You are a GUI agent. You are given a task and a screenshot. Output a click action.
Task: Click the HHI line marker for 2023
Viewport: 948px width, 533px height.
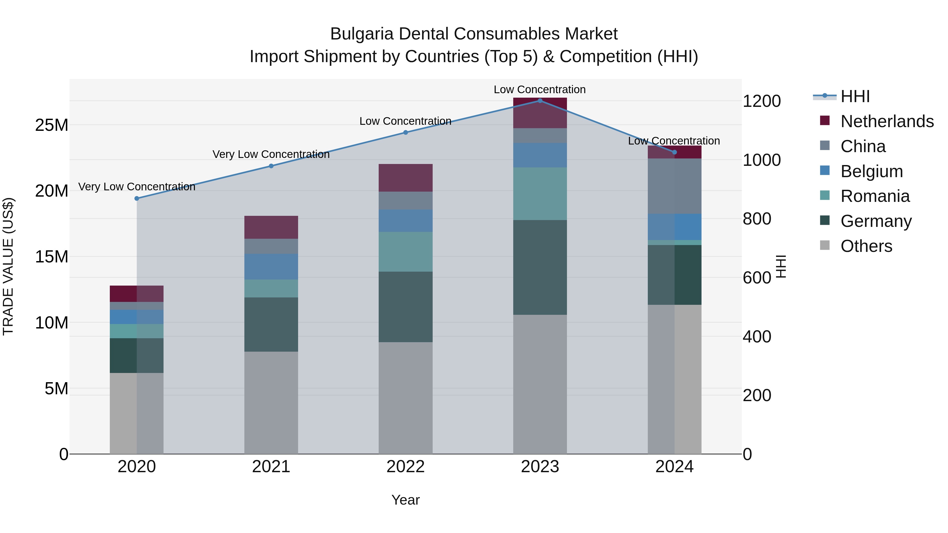pos(540,101)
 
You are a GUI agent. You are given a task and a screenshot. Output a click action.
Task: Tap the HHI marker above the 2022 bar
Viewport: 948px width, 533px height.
pos(406,132)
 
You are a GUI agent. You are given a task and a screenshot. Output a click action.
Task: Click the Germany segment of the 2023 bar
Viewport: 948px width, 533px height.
pos(540,267)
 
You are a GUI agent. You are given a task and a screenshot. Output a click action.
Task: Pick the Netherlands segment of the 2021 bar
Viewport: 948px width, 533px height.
pos(271,227)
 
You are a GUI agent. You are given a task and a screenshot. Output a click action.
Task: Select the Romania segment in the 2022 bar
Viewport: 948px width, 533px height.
pos(406,252)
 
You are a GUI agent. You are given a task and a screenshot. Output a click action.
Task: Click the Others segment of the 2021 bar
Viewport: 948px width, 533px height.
pos(271,402)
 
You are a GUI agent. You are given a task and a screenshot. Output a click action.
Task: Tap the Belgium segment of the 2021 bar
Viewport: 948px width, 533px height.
pos(271,267)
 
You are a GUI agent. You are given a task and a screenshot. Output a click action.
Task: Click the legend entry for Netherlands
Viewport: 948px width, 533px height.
pos(887,121)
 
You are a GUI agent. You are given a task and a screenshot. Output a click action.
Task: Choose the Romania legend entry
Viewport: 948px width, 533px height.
pos(875,196)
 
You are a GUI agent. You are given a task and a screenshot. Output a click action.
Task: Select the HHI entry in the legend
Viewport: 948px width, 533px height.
pos(855,96)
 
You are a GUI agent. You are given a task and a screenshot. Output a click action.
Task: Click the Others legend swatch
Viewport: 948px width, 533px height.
pos(825,245)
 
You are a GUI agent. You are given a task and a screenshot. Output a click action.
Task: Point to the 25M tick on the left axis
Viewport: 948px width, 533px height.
pos(52,125)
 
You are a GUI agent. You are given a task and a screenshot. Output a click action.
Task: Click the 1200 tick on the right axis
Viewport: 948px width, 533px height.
pos(761,101)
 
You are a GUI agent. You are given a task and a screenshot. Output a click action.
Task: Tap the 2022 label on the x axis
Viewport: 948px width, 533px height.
pos(406,466)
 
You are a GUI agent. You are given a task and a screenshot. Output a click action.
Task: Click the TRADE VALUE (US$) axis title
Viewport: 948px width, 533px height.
pos(8,266)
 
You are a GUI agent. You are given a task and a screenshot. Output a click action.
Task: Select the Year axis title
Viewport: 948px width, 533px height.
pos(406,500)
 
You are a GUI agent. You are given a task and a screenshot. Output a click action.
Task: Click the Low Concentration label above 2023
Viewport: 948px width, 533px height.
pos(540,89)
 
